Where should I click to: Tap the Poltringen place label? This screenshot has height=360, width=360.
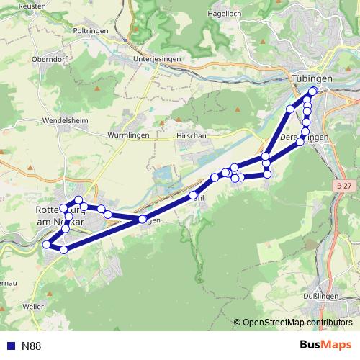point(91,31)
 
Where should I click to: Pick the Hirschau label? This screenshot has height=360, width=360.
point(192,135)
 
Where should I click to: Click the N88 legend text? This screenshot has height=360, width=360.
point(32,346)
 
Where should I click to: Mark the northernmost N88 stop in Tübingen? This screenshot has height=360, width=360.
point(312,91)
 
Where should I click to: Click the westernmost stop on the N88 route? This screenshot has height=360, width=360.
point(47,245)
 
